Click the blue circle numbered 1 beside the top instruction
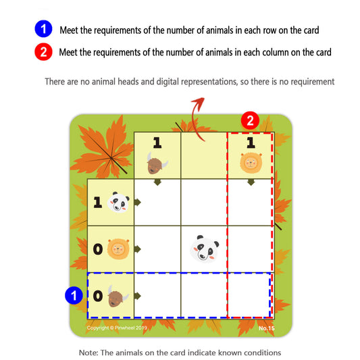pos(42,30)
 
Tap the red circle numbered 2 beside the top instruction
pos(42,51)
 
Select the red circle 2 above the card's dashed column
pos(250,122)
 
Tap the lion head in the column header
pos(251,163)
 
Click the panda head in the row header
pos(119,202)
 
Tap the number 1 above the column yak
pos(157,143)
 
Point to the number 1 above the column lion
pos(250,143)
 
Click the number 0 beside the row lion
pos(97,250)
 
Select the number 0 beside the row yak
pos(97,296)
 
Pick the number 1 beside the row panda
pos(97,203)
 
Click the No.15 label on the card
pos(267,328)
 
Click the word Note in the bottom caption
pos(88,353)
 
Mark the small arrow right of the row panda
pos(137,202)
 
